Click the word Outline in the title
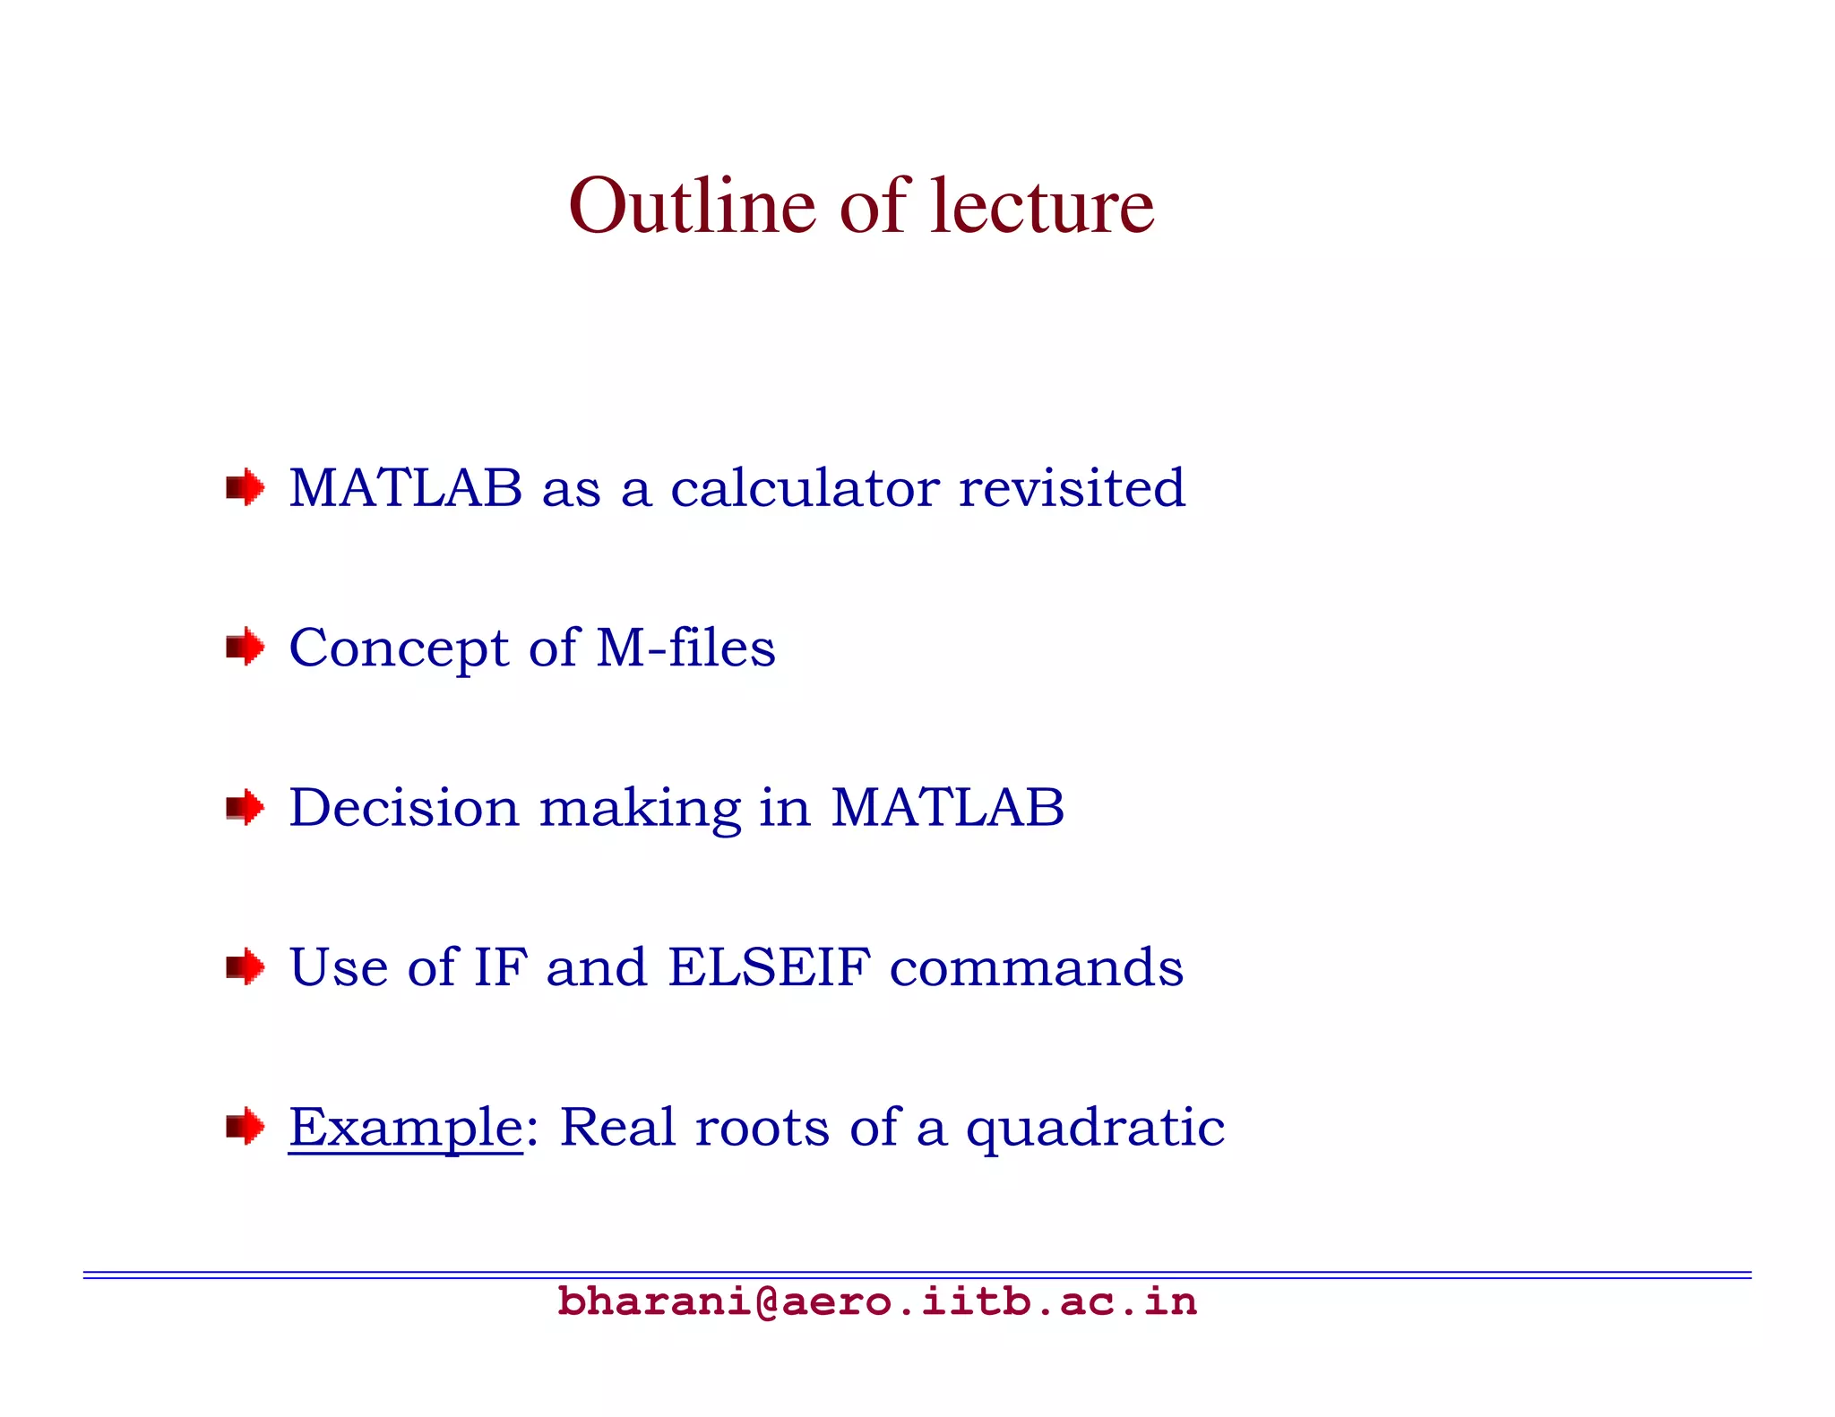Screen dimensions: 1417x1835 [x=692, y=207]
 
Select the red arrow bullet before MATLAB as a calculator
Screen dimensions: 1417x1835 [x=245, y=488]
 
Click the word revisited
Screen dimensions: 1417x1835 [x=1072, y=488]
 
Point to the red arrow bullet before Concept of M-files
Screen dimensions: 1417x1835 [x=245, y=647]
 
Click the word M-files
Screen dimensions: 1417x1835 [x=685, y=648]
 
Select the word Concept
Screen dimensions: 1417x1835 [x=399, y=649]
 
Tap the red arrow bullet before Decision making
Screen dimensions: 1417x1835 [x=245, y=807]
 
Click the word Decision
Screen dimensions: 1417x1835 [x=404, y=807]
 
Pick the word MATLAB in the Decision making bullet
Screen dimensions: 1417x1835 [x=947, y=807]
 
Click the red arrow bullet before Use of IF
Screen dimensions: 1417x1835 [x=245, y=966]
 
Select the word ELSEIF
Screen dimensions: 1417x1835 [x=769, y=967]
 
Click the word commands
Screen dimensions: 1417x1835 [x=1036, y=967]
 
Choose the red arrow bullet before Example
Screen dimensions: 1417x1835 [x=245, y=1126]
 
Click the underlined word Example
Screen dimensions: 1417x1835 [x=405, y=1128]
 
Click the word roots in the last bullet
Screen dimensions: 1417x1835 [x=762, y=1127]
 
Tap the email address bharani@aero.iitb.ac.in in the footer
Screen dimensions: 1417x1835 [x=876, y=1301]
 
